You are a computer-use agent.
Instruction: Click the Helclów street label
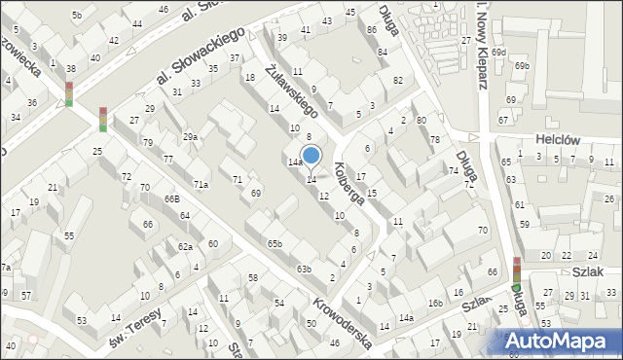tap(557, 140)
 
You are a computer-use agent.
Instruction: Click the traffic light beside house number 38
tap(69, 93)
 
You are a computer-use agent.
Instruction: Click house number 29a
tap(191, 137)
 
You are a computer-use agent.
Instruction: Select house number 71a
tap(201, 184)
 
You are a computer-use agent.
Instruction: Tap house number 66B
tap(171, 198)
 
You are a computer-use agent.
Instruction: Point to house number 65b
tap(275, 243)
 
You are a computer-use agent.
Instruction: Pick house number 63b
tap(304, 269)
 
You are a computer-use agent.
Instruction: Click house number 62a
tap(185, 247)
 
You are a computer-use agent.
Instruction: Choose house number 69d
tap(498, 52)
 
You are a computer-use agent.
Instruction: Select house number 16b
tap(435, 304)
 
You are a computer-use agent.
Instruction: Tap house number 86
tap(371, 30)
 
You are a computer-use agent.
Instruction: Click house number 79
tap(148, 143)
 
